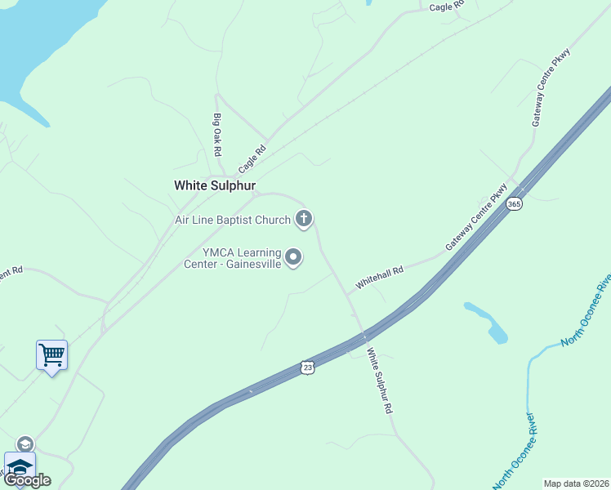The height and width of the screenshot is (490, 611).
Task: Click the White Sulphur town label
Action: tap(215, 185)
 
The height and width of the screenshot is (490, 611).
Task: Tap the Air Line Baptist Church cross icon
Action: tap(304, 218)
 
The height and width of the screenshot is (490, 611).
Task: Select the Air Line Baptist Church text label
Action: tap(233, 220)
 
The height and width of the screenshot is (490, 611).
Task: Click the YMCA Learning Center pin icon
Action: tap(294, 258)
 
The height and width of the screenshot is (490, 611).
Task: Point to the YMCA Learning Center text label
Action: tap(242, 258)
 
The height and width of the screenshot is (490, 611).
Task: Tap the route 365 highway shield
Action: tap(514, 203)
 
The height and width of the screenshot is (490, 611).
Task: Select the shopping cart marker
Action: tap(51, 354)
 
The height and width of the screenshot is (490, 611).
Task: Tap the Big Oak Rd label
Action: tap(218, 135)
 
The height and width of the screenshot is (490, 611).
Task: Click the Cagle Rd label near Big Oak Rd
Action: tap(252, 158)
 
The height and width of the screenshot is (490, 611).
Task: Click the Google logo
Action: tap(27, 480)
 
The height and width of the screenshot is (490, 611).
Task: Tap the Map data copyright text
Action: tap(577, 483)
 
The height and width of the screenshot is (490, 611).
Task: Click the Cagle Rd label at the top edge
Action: tap(446, 7)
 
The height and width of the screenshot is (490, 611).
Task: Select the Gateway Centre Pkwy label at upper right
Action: tap(551, 87)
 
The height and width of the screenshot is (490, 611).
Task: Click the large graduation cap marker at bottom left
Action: tap(20, 466)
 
